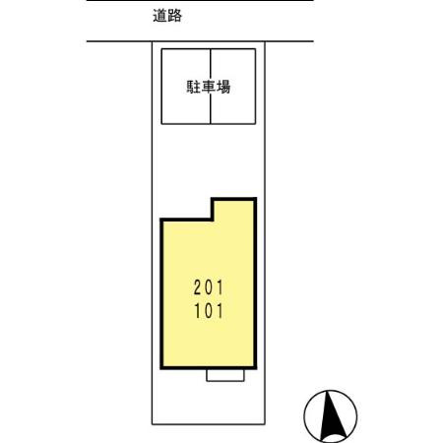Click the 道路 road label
(168, 16)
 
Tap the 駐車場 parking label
(209, 87)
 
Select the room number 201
(209, 289)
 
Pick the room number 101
(209, 312)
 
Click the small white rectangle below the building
(225, 376)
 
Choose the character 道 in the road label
(160, 16)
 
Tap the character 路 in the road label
(175, 16)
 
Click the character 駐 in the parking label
(194, 87)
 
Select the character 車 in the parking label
(209, 87)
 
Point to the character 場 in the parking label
(223, 87)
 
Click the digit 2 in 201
(197, 289)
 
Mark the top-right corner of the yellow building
(255, 200)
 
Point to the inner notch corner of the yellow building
(214, 220)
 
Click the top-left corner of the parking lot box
(162, 48)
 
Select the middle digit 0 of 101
(209, 312)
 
